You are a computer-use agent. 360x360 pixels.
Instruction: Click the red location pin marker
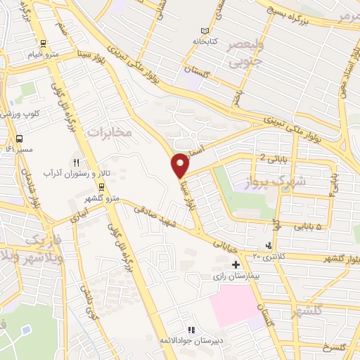click(180, 165)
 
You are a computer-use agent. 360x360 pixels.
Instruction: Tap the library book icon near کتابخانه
click(205, 32)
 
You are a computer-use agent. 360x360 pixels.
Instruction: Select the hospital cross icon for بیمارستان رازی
click(236, 264)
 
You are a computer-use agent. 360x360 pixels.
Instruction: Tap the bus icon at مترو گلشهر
click(102, 186)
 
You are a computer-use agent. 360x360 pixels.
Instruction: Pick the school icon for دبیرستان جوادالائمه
click(191, 329)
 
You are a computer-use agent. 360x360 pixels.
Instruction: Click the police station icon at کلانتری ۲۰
click(268, 245)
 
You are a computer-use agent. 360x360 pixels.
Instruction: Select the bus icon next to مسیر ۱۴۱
click(19, 138)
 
